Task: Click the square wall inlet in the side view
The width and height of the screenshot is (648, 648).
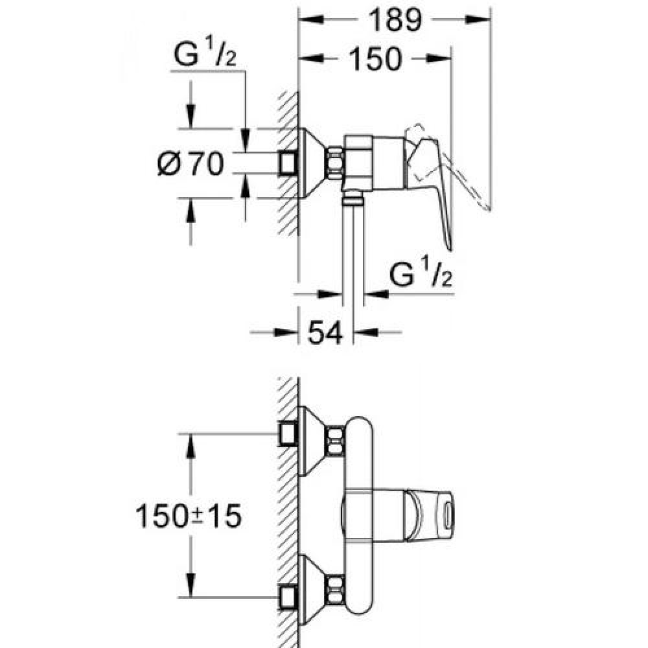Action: click(288, 163)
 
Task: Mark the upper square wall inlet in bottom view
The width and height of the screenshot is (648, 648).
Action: click(288, 433)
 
